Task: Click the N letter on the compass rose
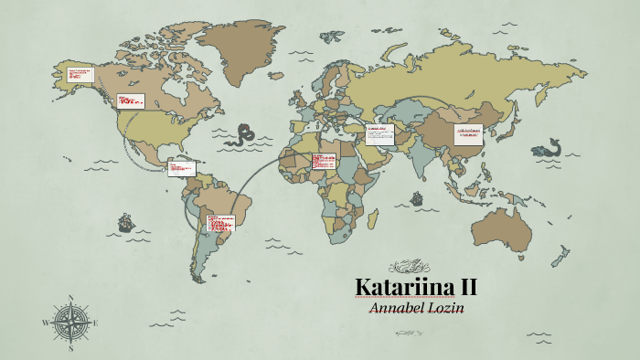coord(70,297)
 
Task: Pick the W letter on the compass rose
coord(46,323)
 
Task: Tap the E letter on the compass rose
coord(96,323)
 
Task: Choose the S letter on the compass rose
coord(70,348)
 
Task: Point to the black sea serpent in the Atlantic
coord(245,135)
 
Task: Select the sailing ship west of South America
coord(123,222)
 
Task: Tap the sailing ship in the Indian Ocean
coord(417,197)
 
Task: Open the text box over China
coord(469,133)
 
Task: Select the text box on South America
coord(220,223)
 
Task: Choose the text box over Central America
coord(182,167)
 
